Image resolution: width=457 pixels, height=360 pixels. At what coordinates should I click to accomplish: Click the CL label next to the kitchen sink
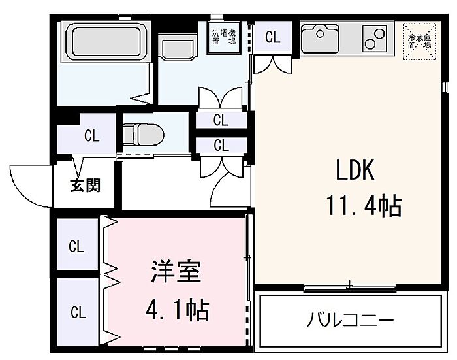point(272,38)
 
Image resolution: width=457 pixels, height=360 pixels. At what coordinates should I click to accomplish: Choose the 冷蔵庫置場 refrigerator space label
point(420,41)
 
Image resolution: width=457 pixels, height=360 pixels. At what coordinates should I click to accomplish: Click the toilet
point(143,134)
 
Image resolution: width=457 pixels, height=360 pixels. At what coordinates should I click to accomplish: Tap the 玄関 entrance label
point(86,186)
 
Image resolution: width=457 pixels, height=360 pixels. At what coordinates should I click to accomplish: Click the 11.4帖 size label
point(363,206)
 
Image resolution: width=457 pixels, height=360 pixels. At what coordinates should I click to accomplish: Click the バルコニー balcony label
point(350,321)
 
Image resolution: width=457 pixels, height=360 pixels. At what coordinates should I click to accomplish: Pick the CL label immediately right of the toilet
point(221,120)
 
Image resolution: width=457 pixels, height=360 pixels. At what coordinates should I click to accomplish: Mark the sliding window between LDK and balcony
point(350,286)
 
